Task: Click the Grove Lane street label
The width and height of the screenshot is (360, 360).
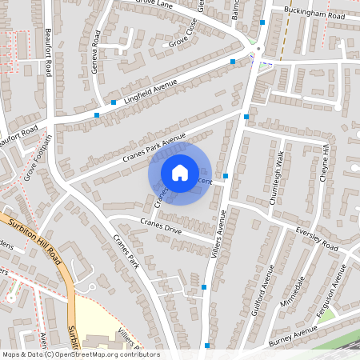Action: [x=154, y=5]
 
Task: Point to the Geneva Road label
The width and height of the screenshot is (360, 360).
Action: [x=96, y=53]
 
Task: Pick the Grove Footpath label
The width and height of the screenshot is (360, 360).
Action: [x=38, y=157]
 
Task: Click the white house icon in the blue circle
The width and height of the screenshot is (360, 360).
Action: [x=180, y=173]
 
